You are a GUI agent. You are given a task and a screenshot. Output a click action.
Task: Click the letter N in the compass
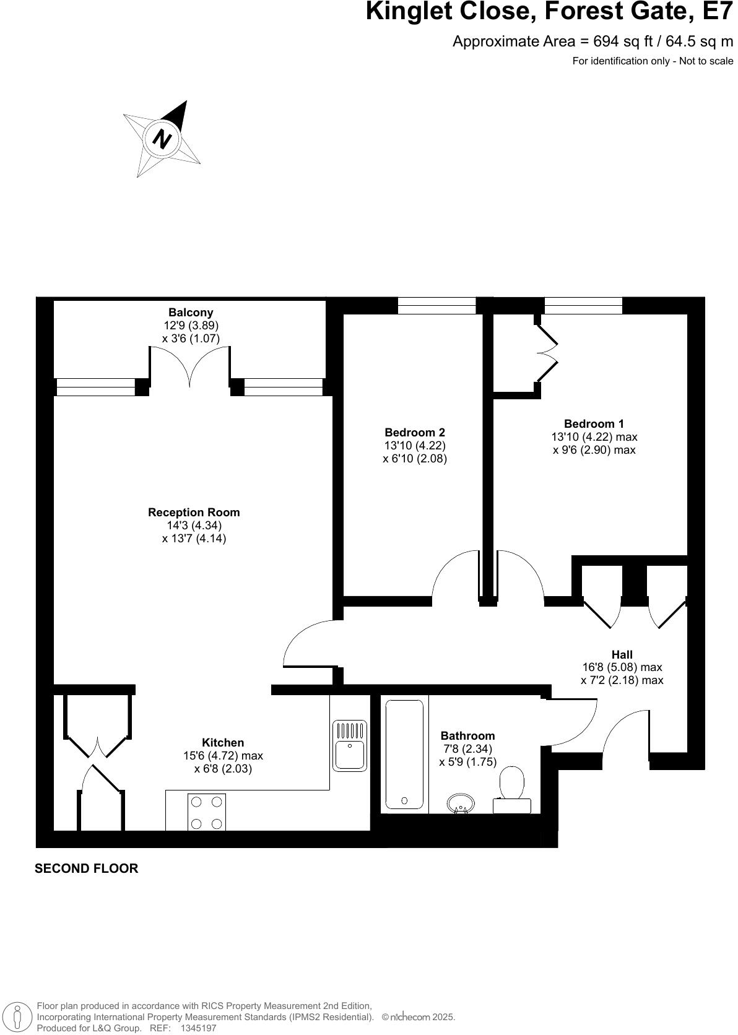[x=162, y=139]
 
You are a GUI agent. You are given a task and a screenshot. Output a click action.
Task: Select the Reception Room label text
[x=194, y=513]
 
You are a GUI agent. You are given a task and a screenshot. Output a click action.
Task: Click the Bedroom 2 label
[x=415, y=433]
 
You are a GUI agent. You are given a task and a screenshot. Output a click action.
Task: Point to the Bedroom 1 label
[x=594, y=424]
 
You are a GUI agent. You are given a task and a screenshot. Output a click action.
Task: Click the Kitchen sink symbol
[x=350, y=745]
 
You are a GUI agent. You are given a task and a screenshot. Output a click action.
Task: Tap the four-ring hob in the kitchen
[x=207, y=812]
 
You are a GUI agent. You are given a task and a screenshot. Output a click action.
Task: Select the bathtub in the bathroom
[x=404, y=755]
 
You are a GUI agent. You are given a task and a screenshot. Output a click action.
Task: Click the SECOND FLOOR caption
[x=86, y=868]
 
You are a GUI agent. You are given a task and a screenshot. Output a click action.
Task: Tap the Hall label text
[x=622, y=655]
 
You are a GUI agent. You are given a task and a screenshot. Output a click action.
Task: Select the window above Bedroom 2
[x=436, y=305]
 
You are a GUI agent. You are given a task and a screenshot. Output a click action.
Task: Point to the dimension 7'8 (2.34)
[x=468, y=749]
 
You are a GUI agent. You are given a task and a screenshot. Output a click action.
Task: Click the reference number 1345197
[x=198, y=1028]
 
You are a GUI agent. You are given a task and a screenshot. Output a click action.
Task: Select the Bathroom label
[x=467, y=736]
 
